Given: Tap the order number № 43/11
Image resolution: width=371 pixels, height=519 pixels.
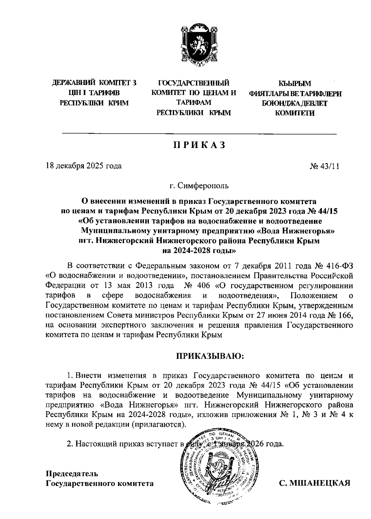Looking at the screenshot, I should [x=325, y=166].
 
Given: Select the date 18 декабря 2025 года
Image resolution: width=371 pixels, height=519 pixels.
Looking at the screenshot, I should [x=83, y=166].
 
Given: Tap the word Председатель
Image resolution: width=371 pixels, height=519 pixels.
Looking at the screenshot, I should [x=72, y=473].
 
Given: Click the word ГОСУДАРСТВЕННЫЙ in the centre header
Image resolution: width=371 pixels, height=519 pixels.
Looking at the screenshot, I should [x=194, y=83].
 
